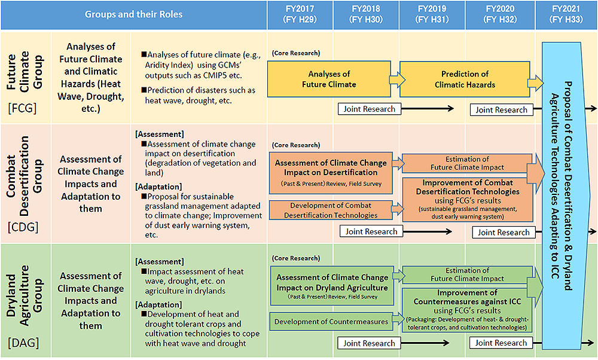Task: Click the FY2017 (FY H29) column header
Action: click(x=300, y=15)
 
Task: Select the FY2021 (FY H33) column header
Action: click(x=566, y=15)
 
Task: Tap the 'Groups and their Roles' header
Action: click(x=133, y=15)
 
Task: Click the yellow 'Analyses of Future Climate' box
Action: click(x=329, y=79)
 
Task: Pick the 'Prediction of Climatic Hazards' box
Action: click(x=465, y=79)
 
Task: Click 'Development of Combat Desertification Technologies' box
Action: click(x=331, y=210)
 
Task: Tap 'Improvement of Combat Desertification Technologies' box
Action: click(x=468, y=200)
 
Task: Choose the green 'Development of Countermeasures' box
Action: click(x=331, y=322)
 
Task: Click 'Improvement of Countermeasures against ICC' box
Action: click(x=467, y=310)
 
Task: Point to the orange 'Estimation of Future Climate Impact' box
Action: click(x=467, y=163)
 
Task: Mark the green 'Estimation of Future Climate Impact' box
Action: click(x=467, y=274)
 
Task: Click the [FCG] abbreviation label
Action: click(x=23, y=108)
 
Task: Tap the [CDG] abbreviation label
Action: click(x=23, y=227)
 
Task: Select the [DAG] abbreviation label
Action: click(x=23, y=343)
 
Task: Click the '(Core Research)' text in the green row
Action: click(x=296, y=258)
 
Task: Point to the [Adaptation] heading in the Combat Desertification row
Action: click(x=158, y=187)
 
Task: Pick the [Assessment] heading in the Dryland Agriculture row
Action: click(x=160, y=261)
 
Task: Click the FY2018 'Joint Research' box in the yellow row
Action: click(x=369, y=109)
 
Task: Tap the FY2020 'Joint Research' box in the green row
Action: click(x=501, y=343)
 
